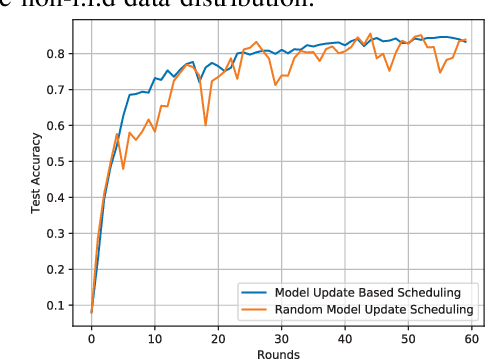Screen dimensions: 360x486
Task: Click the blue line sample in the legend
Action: click(256, 293)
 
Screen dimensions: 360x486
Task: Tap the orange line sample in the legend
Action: click(256, 309)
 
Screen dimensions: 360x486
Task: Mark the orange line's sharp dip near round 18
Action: click(205, 125)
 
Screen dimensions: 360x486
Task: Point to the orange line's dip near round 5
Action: click(123, 168)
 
